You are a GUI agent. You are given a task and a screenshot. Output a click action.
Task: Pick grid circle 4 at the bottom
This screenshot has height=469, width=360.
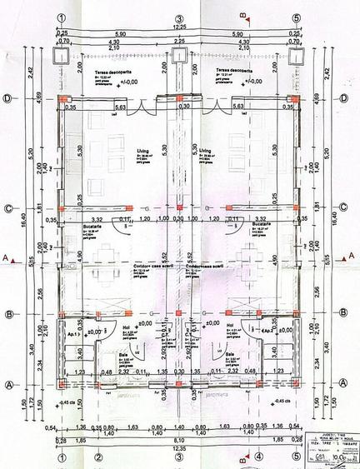click(x=258, y=456)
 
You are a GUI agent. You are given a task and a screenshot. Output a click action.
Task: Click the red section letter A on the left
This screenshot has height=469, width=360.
click(x=6, y=259)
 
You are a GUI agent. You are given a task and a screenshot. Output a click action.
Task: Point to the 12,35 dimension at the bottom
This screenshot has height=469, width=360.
click(x=177, y=449)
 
